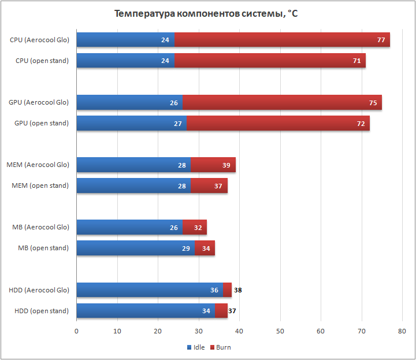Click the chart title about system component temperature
click(206, 14)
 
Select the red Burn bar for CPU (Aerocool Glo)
click(282, 40)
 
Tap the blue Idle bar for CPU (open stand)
click(125, 61)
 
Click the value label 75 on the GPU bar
click(373, 102)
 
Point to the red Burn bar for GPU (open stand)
click(278, 123)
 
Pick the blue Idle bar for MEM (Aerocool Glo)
click(133, 165)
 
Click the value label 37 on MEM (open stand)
click(217, 185)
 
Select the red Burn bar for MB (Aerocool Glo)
click(198, 227)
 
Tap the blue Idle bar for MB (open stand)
click(135, 248)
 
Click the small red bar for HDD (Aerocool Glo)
click(227, 290)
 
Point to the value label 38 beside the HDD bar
click(237, 290)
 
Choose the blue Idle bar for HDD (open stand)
click(146, 310)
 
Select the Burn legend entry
click(220, 347)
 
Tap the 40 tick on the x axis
click(239, 331)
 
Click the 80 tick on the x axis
click(402, 331)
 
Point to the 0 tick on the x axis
click(76, 331)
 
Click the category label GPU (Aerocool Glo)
click(39, 102)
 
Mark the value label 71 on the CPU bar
click(357, 61)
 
